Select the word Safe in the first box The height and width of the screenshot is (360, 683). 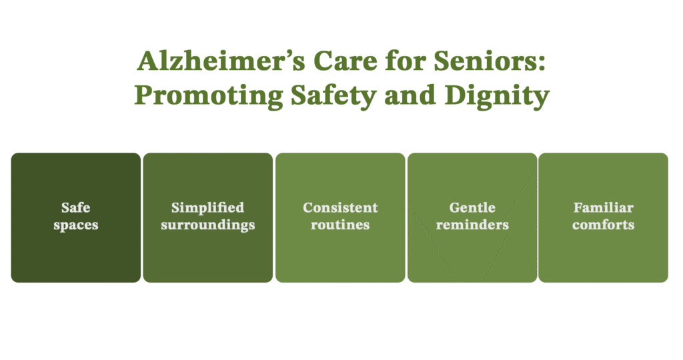(75, 208)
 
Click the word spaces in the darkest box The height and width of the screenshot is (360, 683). (75, 225)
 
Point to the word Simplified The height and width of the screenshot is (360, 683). (207, 208)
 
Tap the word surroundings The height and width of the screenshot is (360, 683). (207, 225)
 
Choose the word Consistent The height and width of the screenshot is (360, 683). (340, 208)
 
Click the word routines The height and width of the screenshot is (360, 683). (340, 225)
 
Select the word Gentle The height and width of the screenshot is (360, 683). (472, 208)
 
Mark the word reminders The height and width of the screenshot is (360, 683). (472, 225)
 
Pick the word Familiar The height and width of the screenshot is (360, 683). (604, 208)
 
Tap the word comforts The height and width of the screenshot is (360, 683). (604, 225)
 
